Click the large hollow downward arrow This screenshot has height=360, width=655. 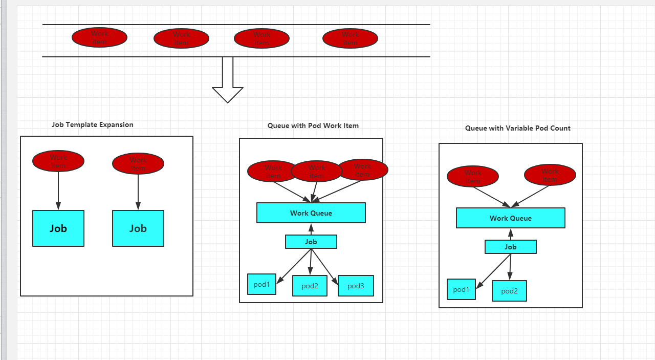pyautogui.click(x=228, y=82)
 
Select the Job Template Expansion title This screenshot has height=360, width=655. pyautogui.click(x=93, y=124)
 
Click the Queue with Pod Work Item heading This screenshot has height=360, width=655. pyautogui.click(x=313, y=125)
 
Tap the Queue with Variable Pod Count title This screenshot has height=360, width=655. pyautogui.click(x=517, y=128)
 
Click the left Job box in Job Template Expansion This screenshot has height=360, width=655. pyautogui.click(x=58, y=228)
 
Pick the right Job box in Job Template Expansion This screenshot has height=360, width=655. pyautogui.click(x=138, y=228)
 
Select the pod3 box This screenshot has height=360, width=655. pyautogui.click(x=356, y=286)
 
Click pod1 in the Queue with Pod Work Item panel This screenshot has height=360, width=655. pyautogui.click(x=261, y=284)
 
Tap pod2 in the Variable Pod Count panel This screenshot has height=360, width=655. pyautogui.click(x=509, y=291)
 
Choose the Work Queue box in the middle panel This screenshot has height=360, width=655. pyautogui.click(x=311, y=213)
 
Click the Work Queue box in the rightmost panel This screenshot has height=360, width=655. pyautogui.click(x=511, y=218)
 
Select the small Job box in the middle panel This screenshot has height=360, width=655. pyautogui.click(x=311, y=242)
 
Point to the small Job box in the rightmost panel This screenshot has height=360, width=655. pyautogui.click(x=511, y=247)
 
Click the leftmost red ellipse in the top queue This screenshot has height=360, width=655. pyautogui.click(x=99, y=37)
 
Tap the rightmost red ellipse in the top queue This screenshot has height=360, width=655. pyautogui.click(x=350, y=38)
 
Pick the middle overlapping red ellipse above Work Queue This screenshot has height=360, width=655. pyautogui.click(x=316, y=171)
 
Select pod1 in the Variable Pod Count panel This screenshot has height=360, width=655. pyautogui.click(x=461, y=289)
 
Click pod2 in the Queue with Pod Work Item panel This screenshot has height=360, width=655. pyautogui.click(x=310, y=286)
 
